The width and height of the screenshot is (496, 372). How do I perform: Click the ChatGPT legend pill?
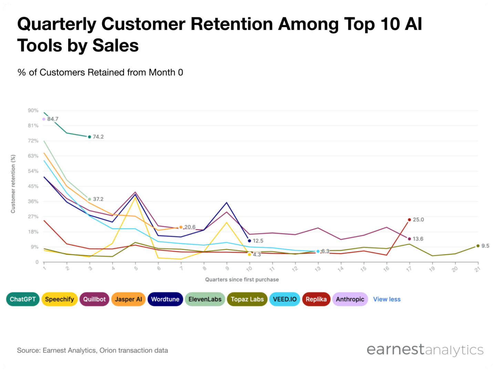[x=23, y=299]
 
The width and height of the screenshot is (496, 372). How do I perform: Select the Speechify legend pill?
[x=59, y=299]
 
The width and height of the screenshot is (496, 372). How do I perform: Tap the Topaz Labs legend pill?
[x=247, y=299]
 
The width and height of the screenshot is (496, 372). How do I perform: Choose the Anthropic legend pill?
[x=350, y=299]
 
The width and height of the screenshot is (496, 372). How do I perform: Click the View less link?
[x=387, y=299]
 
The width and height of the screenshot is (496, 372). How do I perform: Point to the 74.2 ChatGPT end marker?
[x=90, y=137]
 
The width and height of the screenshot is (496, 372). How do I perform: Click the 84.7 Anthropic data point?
[x=44, y=119]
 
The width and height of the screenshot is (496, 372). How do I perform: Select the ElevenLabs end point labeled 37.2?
[x=90, y=199]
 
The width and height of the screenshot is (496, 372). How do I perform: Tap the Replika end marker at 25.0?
[x=409, y=220]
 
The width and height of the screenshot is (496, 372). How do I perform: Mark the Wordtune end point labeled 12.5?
[x=249, y=241]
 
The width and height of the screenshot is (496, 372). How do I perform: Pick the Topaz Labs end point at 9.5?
[x=478, y=246]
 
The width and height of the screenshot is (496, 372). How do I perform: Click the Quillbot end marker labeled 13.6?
[x=409, y=239]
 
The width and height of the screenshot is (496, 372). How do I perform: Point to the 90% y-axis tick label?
[x=33, y=111]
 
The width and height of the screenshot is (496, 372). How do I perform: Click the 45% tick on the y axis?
[x=33, y=186]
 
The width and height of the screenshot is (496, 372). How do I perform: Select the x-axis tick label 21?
[x=477, y=269]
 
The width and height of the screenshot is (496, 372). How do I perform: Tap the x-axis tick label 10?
[x=249, y=269]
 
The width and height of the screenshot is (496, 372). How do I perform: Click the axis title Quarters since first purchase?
[x=242, y=280]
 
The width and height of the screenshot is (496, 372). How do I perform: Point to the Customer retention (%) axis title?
[x=13, y=184]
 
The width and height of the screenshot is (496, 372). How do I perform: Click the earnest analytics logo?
[x=425, y=350]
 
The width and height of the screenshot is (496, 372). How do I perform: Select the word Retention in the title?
[x=231, y=24]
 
